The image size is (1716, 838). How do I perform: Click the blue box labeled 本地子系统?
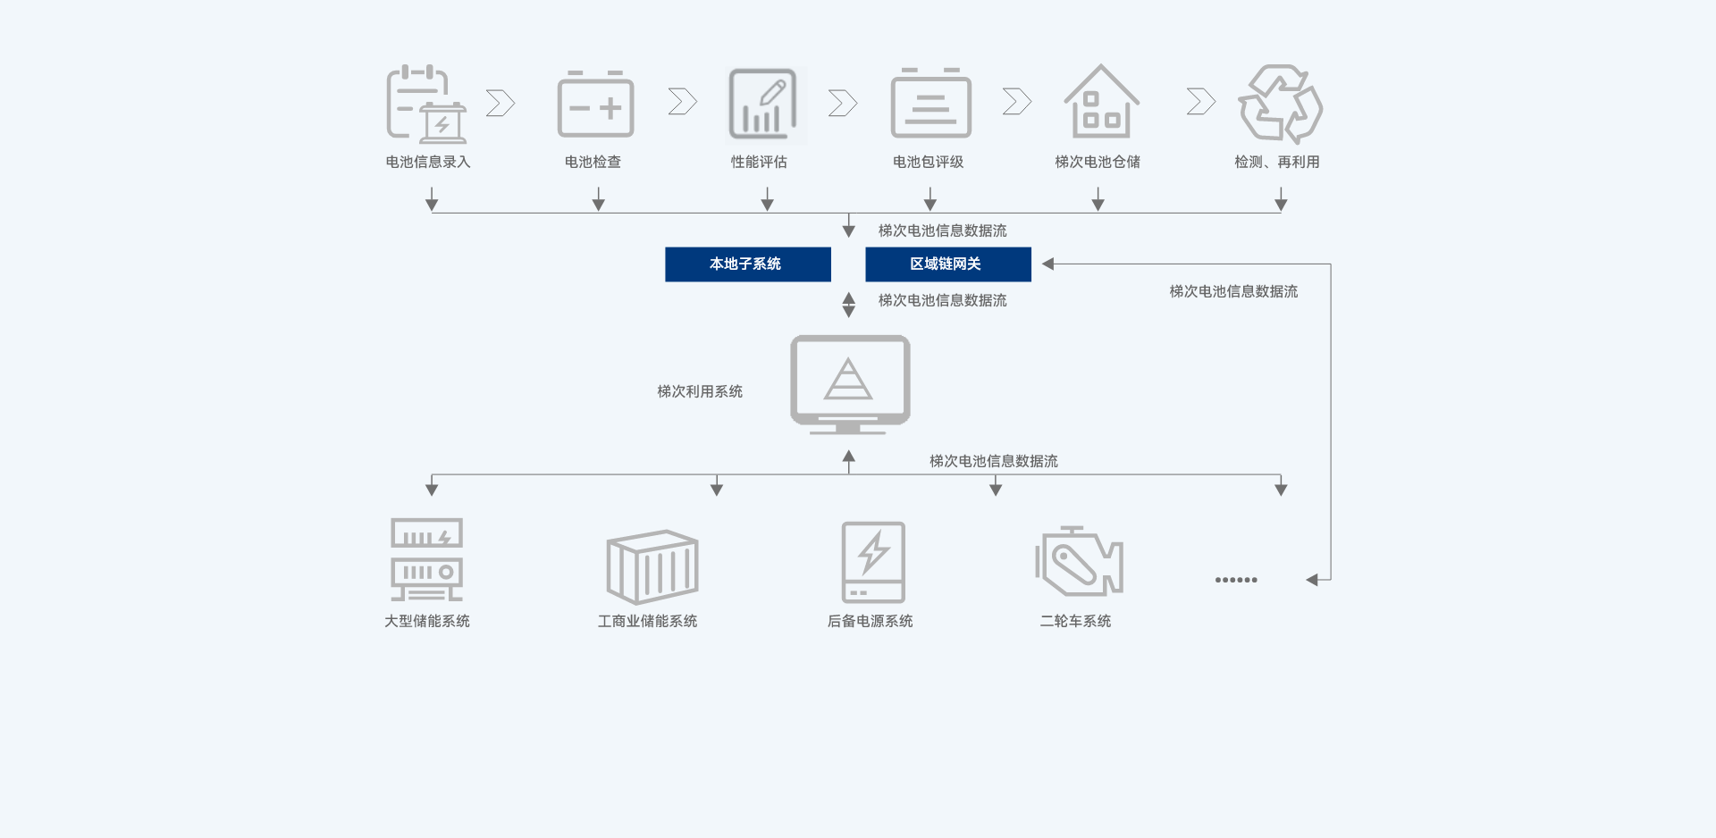click(x=747, y=264)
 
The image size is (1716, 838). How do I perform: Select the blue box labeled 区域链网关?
click(x=947, y=264)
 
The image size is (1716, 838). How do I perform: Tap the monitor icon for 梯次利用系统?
click(x=850, y=383)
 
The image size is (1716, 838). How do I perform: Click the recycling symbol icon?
click(x=1280, y=104)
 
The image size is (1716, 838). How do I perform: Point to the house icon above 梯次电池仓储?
click(x=1101, y=102)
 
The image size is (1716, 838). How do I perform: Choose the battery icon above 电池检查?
click(x=595, y=105)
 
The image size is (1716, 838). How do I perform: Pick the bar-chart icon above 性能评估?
click(x=762, y=105)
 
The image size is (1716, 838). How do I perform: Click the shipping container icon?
click(x=652, y=566)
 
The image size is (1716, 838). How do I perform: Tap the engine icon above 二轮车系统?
click(x=1079, y=562)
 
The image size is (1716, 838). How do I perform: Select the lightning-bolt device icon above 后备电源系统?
click(x=873, y=562)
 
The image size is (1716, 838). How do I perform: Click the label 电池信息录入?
click(x=427, y=162)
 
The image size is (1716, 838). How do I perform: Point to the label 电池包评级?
click(x=928, y=162)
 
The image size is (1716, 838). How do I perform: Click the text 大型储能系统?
click(x=426, y=621)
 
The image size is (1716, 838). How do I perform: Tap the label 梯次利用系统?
click(x=700, y=391)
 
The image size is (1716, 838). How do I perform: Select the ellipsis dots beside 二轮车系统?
click(x=1236, y=580)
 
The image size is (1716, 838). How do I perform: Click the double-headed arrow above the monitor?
click(x=848, y=305)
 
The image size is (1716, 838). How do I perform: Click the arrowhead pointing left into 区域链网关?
click(x=1048, y=264)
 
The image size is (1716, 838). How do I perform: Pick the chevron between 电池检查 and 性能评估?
click(x=682, y=102)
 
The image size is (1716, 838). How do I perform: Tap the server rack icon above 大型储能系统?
click(x=426, y=559)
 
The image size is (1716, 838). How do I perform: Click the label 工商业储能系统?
click(x=647, y=621)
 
